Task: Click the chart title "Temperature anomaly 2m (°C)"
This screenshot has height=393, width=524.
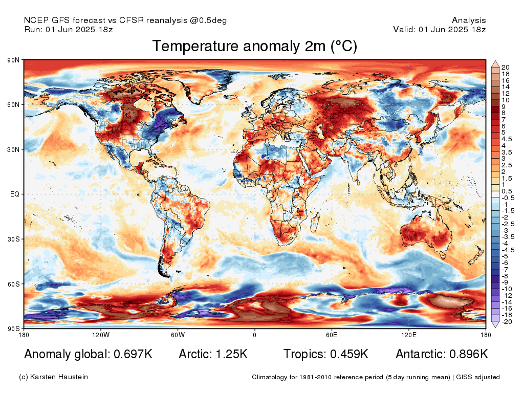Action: (255, 46)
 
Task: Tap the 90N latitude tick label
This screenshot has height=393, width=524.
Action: (13, 60)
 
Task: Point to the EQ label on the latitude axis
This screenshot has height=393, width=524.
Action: (15, 194)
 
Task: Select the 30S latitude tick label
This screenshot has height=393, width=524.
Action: (13, 239)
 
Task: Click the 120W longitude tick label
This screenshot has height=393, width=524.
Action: (101, 335)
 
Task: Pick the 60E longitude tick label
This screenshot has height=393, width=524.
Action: (332, 335)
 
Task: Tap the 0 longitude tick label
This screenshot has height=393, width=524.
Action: (255, 335)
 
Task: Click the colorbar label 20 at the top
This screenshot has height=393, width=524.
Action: (505, 68)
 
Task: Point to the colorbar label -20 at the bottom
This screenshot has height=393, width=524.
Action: (507, 322)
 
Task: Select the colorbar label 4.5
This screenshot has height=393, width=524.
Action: (507, 139)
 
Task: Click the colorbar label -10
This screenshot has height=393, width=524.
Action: (507, 289)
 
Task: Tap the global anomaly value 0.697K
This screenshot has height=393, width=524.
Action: (133, 354)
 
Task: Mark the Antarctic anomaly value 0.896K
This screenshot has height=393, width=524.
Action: (469, 354)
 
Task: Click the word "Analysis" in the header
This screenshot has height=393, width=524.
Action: (469, 20)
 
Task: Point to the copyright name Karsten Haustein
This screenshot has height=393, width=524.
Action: (59, 377)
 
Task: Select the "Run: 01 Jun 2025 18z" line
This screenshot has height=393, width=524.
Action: (69, 29)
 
